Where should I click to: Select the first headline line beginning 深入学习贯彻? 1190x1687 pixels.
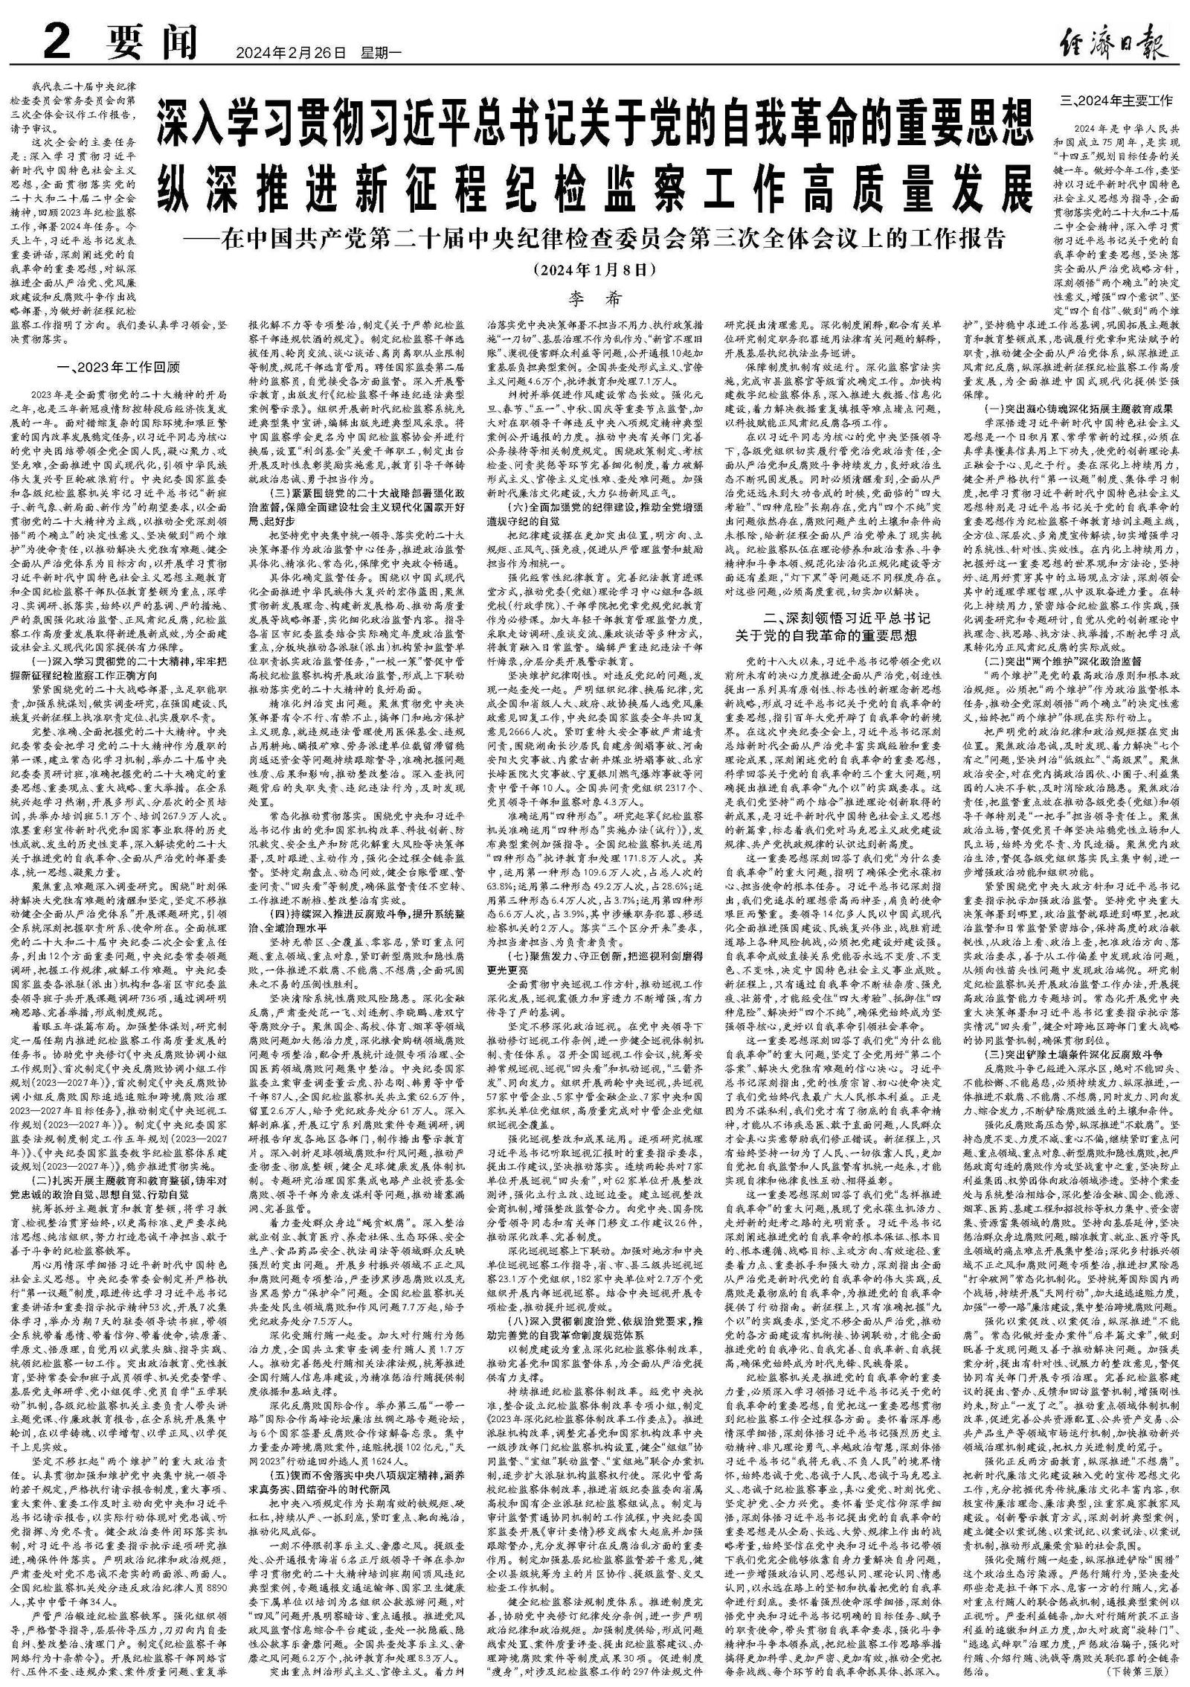tap(594, 124)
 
